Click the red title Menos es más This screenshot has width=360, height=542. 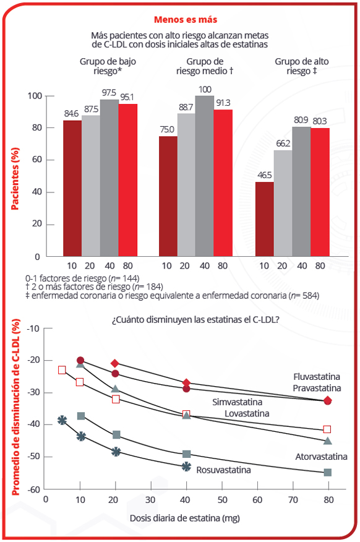point(186,20)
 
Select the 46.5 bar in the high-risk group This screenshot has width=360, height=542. point(264,219)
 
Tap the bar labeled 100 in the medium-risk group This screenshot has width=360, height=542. point(204,176)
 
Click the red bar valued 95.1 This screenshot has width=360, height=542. point(128,180)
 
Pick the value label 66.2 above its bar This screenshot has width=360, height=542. point(283,144)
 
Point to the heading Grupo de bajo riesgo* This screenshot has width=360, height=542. point(108,66)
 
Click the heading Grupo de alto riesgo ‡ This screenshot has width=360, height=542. point(302,66)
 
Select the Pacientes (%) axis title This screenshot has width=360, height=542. point(15,179)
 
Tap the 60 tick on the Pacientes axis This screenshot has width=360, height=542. point(37,160)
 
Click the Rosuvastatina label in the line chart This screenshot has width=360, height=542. point(223,470)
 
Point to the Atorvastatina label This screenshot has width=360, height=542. point(321,457)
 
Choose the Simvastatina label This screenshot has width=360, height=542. point(238,402)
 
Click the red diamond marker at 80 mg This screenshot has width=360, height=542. point(327,401)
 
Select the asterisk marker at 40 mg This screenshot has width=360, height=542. point(186,467)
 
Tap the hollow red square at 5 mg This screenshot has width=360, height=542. point(62,370)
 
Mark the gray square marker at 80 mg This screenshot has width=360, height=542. point(327,472)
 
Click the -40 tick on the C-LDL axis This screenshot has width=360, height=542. point(34,424)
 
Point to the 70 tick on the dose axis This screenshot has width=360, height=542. point(293,500)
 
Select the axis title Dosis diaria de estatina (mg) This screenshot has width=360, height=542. point(185,518)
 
